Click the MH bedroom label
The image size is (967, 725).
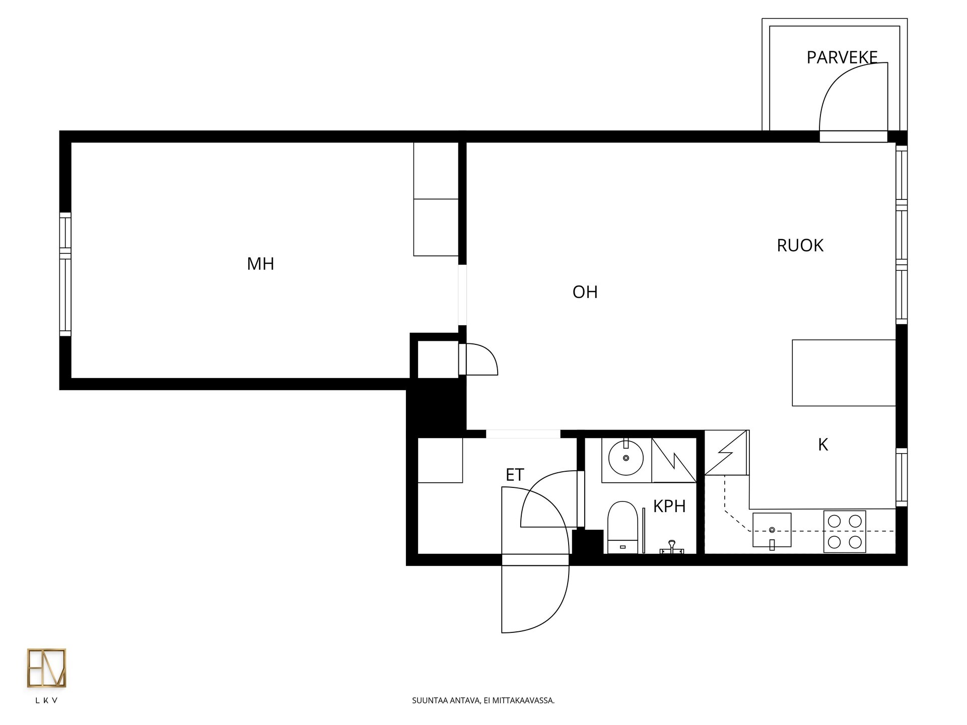[x=260, y=264]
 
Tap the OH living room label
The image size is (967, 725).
[x=585, y=292]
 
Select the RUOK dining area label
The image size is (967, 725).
[x=800, y=245]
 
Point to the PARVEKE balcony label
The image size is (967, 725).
[x=842, y=57]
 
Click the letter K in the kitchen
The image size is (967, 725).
[x=823, y=445]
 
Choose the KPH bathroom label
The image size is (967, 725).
[x=669, y=506]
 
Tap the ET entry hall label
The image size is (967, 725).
[x=515, y=475]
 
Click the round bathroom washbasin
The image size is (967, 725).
[x=626, y=458]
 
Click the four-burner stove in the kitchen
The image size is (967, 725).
[x=845, y=532]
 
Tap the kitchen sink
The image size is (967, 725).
[x=772, y=530]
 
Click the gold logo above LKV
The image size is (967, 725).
[x=46, y=668]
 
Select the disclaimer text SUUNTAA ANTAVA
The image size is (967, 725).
[x=446, y=700]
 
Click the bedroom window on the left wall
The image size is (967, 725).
[x=65, y=274]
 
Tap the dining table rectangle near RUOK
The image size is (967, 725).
[x=844, y=373]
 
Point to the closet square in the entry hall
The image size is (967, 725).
[x=440, y=460]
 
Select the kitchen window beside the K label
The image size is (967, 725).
[x=902, y=477]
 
